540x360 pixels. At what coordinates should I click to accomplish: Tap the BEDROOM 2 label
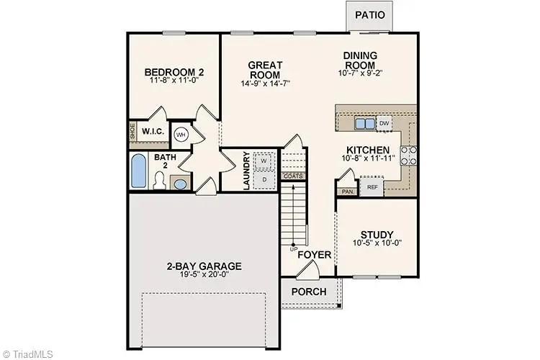[174, 72]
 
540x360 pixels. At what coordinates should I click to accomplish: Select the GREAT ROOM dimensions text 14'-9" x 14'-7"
[264, 84]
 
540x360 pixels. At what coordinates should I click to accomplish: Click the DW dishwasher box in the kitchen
[384, 123]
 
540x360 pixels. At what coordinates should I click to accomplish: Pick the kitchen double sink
[365, 124]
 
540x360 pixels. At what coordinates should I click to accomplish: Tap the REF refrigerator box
[372, 187]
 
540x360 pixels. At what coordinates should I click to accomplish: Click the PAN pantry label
[348, 192]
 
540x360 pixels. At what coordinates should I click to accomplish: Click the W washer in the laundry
[264, 160]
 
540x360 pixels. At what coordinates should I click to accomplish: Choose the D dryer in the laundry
[264, 179]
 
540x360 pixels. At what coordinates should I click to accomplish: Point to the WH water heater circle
[181, 134]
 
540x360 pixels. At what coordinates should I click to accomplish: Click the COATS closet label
[292, 176]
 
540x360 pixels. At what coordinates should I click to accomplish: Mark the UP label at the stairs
[293, 249]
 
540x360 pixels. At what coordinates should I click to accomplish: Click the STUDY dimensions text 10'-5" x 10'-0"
[377, 243]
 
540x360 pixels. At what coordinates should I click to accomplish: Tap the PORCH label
[309, 292]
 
